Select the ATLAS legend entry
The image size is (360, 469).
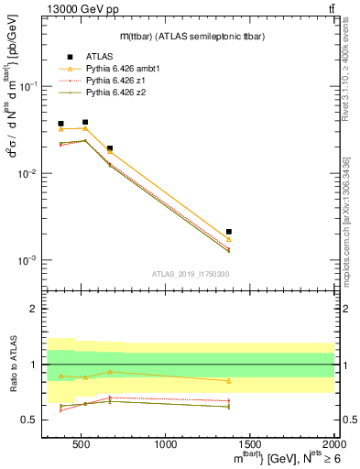pos(97,57)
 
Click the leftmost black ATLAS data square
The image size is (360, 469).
pos(60,124)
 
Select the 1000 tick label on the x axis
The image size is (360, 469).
pos(166,444)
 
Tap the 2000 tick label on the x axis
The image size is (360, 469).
pos(334,444)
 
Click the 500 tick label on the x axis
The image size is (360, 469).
pos(82,444)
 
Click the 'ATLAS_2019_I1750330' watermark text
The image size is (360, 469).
pos(190,273)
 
